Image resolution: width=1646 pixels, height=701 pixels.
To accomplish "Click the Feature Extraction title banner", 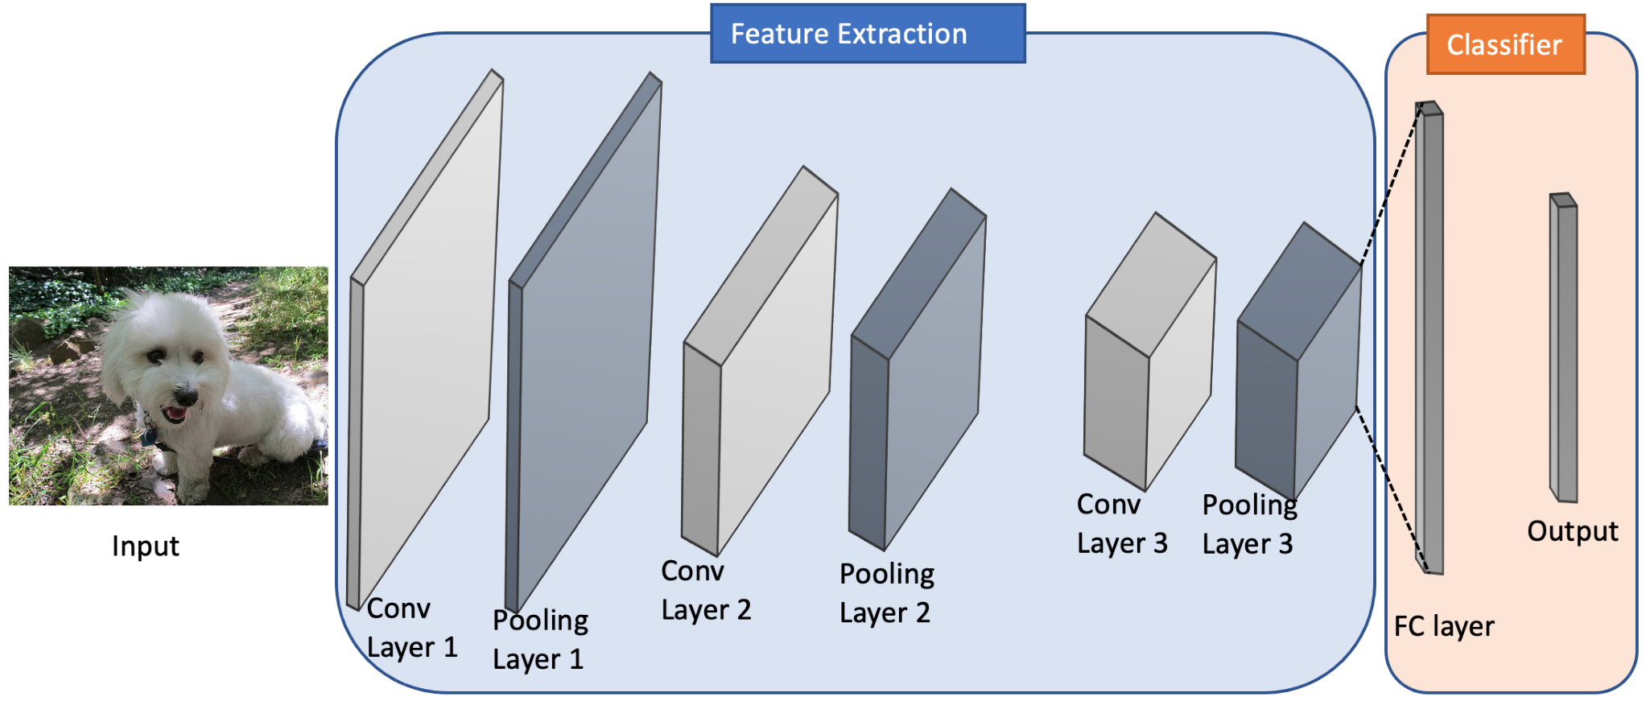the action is pyautogui.click(x=868, y=34).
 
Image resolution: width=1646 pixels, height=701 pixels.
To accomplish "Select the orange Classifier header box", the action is pyautogui.click(x=1505, y=44).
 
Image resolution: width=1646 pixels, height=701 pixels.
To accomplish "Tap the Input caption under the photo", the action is pyautogui.click(x=146, y=546).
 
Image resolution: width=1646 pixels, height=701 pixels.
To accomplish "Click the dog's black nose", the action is pyautogui.click(x=186, y=395).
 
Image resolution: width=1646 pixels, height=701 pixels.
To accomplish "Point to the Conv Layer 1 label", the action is pyautogui.click(x=412, y=628).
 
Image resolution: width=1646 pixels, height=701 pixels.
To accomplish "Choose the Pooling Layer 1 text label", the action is pyautogui.click(x=540, y=640).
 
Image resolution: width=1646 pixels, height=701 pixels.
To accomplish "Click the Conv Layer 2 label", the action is pyautogui.click(x=706, y=590).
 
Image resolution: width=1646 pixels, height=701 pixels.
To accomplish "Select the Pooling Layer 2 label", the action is pyautogui.click(x=886, y=593).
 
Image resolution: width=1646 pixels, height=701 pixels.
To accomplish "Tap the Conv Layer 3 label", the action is pyautogui.click(x=1122, y=524).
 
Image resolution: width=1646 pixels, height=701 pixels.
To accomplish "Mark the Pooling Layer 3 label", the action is pyautogui.click(x=1249, y=525).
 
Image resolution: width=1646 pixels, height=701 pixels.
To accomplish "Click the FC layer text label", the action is pyautogui.click(x=1444, y=626).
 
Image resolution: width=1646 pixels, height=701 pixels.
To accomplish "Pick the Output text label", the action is pyautogui.click(x=1573, y=532).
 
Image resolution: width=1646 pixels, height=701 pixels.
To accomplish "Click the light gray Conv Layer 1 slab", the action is pyautogui.click(x=424, y=338).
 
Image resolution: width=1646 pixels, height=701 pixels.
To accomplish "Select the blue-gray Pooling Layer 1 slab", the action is pyautogui.click(x=583, y=342).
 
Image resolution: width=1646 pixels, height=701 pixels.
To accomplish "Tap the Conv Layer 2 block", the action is pyautogui.click(x=760, y=361).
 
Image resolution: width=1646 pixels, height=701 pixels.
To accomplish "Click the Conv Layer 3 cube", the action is pyautogui.click(x=1149, y=352).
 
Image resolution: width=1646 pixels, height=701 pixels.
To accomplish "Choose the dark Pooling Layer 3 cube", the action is pyautogui.click(x=1298, y=361).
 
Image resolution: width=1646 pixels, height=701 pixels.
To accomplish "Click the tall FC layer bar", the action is pyautogui.click(x=1429, y=338).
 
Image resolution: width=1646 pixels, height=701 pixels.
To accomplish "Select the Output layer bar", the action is pyautogui.click(x=1564, y=348).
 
